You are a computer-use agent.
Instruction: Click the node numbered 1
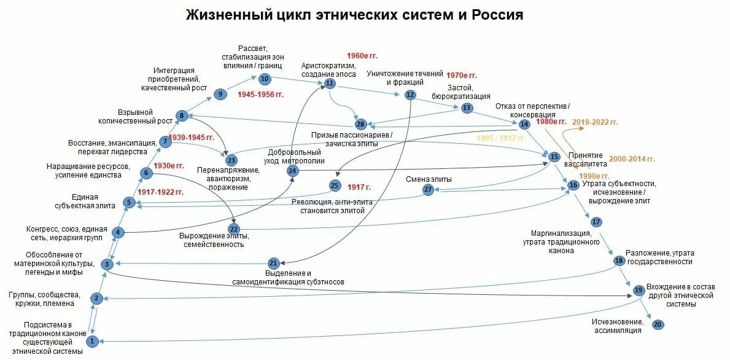[x=93, y=340]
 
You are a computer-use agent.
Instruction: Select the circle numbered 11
[x=330, y=83]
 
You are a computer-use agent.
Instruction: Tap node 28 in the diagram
[x=360, y=125]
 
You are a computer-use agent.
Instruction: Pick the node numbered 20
[x=658, y=324]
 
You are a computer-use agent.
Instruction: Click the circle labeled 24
[x=293, y=171]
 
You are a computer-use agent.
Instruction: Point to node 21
[x=274, y=263]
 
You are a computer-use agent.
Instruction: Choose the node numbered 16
[x=573, y=184]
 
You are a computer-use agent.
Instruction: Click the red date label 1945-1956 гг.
[x=261, y=95]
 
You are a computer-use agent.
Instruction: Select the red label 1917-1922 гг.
[x=160, y=192]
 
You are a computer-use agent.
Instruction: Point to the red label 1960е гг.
[x=362, y=56]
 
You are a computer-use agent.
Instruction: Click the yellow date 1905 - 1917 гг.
[x=501, y=138]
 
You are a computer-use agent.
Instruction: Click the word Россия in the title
[x=497, y=15]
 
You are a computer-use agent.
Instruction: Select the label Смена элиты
[x=429, y=179]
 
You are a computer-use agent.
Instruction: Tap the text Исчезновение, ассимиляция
[x=617, y=326]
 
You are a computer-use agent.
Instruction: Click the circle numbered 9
[x=220, y=94]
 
